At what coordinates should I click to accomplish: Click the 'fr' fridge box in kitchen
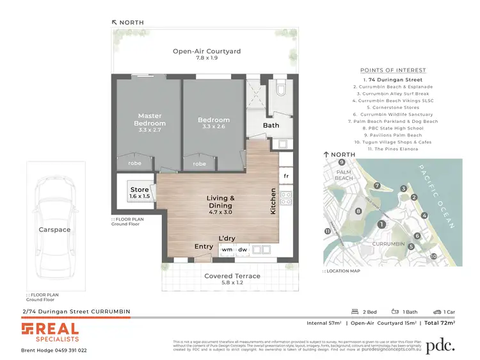coord(285,175)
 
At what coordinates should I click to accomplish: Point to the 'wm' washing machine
coord(227,249)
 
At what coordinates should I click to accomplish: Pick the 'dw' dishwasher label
coord(242,249)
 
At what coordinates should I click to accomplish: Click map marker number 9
coord(333,163)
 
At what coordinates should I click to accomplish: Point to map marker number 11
coord(328,231)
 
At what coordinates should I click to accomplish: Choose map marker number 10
coord(433,256)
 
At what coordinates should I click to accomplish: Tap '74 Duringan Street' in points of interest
coord(393,79)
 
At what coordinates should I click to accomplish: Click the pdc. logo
coord(441,345)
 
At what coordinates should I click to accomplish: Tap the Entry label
coord(204,247)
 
